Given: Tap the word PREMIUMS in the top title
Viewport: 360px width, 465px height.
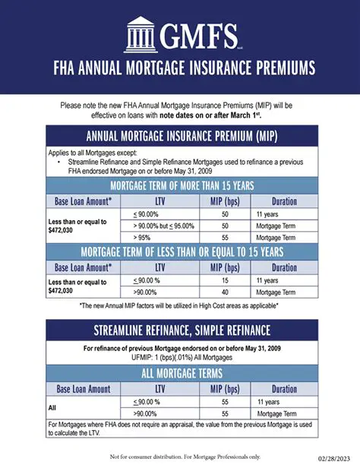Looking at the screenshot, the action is pyautogui.click(x=275, y=69).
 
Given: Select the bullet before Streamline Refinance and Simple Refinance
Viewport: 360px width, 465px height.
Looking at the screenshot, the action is pyautogui.click(x=59, y=162).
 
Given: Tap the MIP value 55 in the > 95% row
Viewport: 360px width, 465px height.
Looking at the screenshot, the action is pyautogui.click(x=226, y=237).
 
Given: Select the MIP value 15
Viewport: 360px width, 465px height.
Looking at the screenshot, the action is pyautogui.click(x=226, y=280).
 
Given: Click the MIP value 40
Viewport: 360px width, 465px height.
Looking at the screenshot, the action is pyautogui.click(x=226, y=292).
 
